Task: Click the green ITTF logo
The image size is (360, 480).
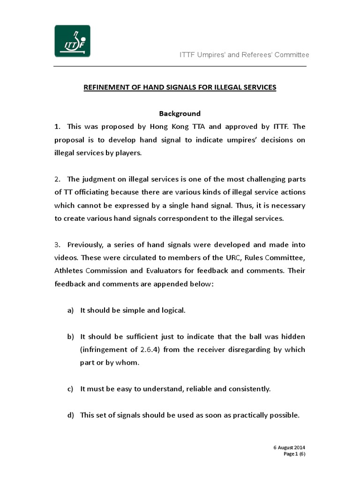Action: click(72, 41)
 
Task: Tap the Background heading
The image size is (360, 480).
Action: click(180, 113)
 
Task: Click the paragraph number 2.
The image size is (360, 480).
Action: click(57, 179)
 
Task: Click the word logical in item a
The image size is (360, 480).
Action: click(172, 310)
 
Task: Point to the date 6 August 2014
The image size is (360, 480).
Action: click(290, 448)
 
